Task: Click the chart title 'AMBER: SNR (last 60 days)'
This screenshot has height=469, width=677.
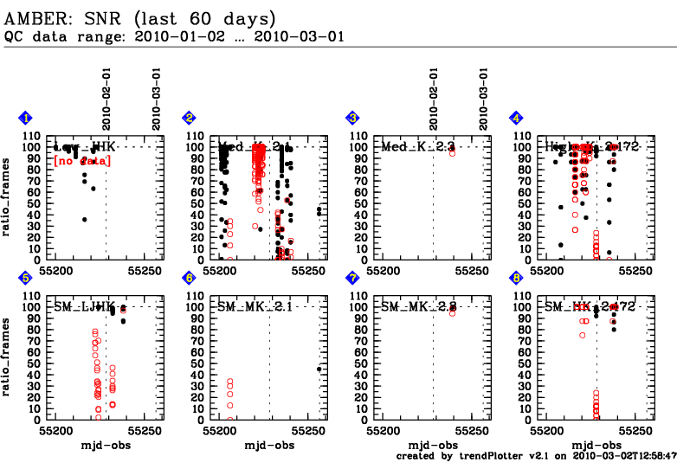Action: (140, 17)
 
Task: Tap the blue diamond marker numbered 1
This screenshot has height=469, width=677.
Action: (26, 118)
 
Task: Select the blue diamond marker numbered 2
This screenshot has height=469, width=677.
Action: (189, 118)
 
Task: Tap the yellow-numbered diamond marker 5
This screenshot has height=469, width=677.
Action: (26, 278)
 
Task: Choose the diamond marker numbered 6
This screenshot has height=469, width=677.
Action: (189, 278)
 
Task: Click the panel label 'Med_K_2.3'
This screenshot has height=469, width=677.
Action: (417, 148)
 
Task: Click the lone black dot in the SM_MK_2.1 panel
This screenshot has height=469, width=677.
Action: (319, 369)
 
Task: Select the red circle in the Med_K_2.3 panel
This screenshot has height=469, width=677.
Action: (452, 152)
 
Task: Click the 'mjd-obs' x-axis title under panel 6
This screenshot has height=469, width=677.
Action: (268, 445)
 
